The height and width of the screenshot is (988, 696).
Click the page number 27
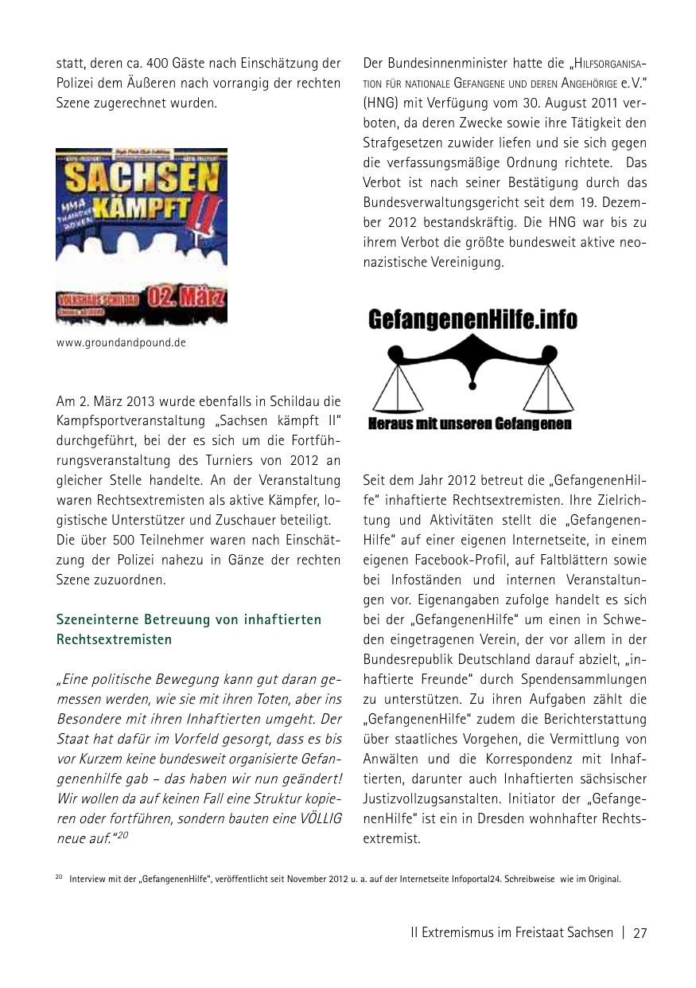click(x=640, y=933)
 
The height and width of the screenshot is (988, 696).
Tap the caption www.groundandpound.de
click(x=121, y=343)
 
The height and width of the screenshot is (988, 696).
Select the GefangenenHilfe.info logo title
click(x=472, y=319)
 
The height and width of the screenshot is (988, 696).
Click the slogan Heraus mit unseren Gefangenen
click(x=469, y=424)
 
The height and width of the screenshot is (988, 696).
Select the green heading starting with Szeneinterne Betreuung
click(x=189, y=629)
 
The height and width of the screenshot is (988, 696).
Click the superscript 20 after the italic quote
click(x=124, y=835)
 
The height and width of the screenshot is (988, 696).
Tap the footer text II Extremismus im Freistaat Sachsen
click(x=511, y=933)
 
